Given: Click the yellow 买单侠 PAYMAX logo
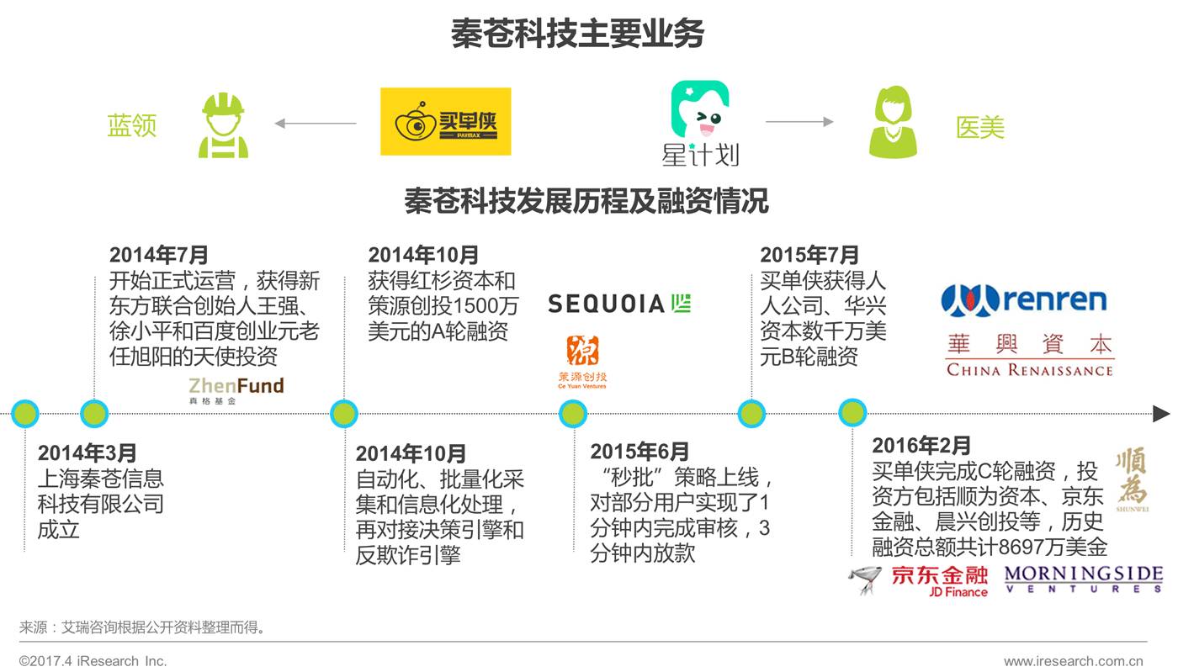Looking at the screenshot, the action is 445,122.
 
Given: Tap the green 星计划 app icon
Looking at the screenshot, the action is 699,109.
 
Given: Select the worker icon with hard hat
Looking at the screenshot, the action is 223,125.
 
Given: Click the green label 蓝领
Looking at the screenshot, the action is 132,125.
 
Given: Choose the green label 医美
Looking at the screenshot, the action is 980,127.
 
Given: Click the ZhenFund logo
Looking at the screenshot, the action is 236,389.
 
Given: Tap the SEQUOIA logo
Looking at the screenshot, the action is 618,304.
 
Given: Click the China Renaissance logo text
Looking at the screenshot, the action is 1029,357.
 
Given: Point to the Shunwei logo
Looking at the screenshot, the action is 1131,480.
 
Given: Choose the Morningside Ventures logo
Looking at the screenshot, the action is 1084,579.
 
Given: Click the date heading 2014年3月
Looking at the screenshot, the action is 87,453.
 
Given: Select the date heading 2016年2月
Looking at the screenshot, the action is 921,445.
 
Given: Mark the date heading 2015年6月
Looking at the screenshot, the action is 639,452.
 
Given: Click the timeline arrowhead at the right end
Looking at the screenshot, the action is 1161,414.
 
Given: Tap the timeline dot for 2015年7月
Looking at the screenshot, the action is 751,413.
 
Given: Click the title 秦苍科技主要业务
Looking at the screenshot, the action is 577,34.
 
